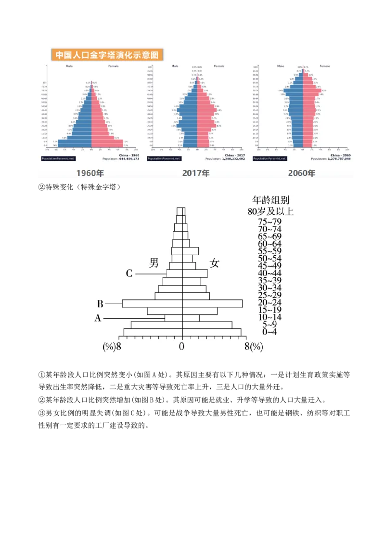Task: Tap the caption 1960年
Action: [90, 173]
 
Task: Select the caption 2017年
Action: [196, 173]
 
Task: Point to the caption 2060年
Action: [302, 173]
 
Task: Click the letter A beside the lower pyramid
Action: [98, 318]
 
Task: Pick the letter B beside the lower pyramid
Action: [100, 304]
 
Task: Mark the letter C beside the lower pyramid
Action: [129, 273]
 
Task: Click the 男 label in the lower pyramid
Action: [154, 263]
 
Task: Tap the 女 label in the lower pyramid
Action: [214, 263]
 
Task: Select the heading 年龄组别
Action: [271, 200]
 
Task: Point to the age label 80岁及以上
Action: [270, 211]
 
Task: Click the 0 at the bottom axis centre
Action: [182, 346]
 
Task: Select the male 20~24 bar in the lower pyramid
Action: [152, 303]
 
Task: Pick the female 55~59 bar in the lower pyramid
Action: [190, 251]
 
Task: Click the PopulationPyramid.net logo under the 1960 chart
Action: [58, 158]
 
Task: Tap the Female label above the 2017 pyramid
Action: [219, 66]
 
